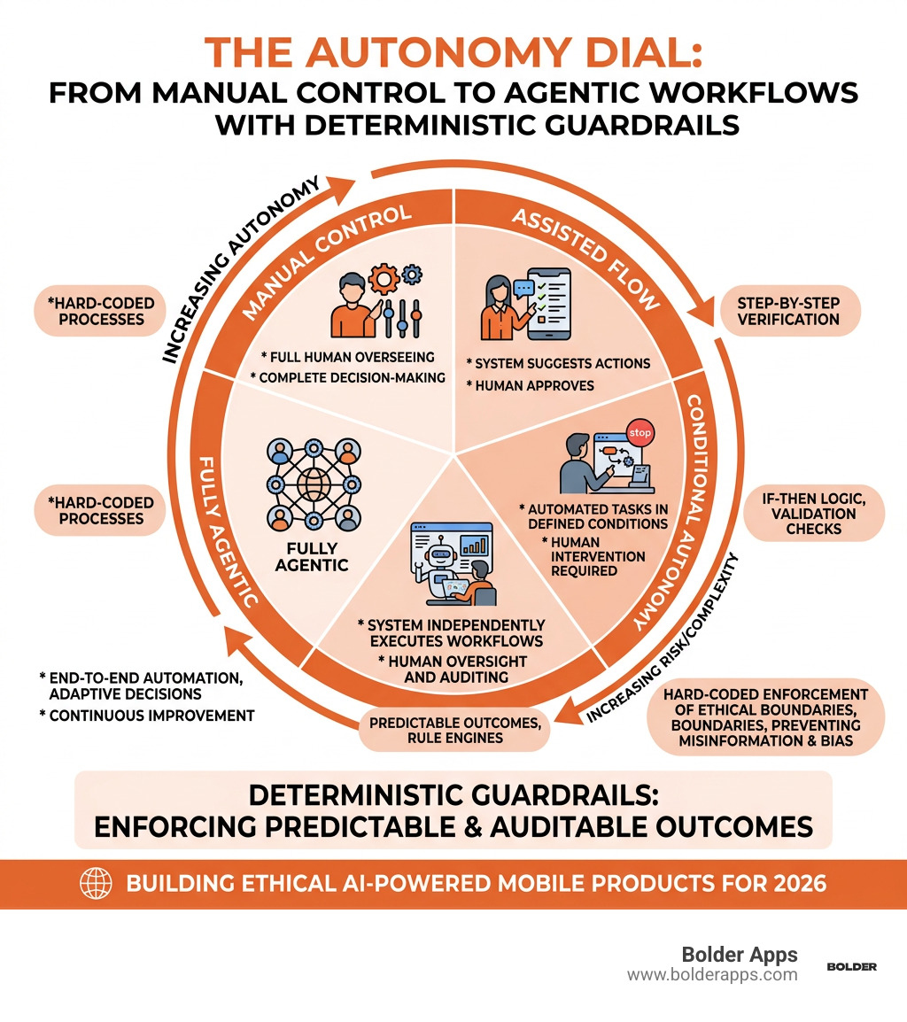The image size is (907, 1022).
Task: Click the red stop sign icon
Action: [639, 434]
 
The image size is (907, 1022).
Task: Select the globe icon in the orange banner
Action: [95, 883]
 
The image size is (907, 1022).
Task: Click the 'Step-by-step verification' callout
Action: [788, 311]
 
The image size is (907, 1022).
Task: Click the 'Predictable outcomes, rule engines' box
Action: [453, 731]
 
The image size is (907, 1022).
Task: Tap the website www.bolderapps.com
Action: [712, 975]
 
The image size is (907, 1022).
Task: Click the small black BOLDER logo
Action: [851, 967]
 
